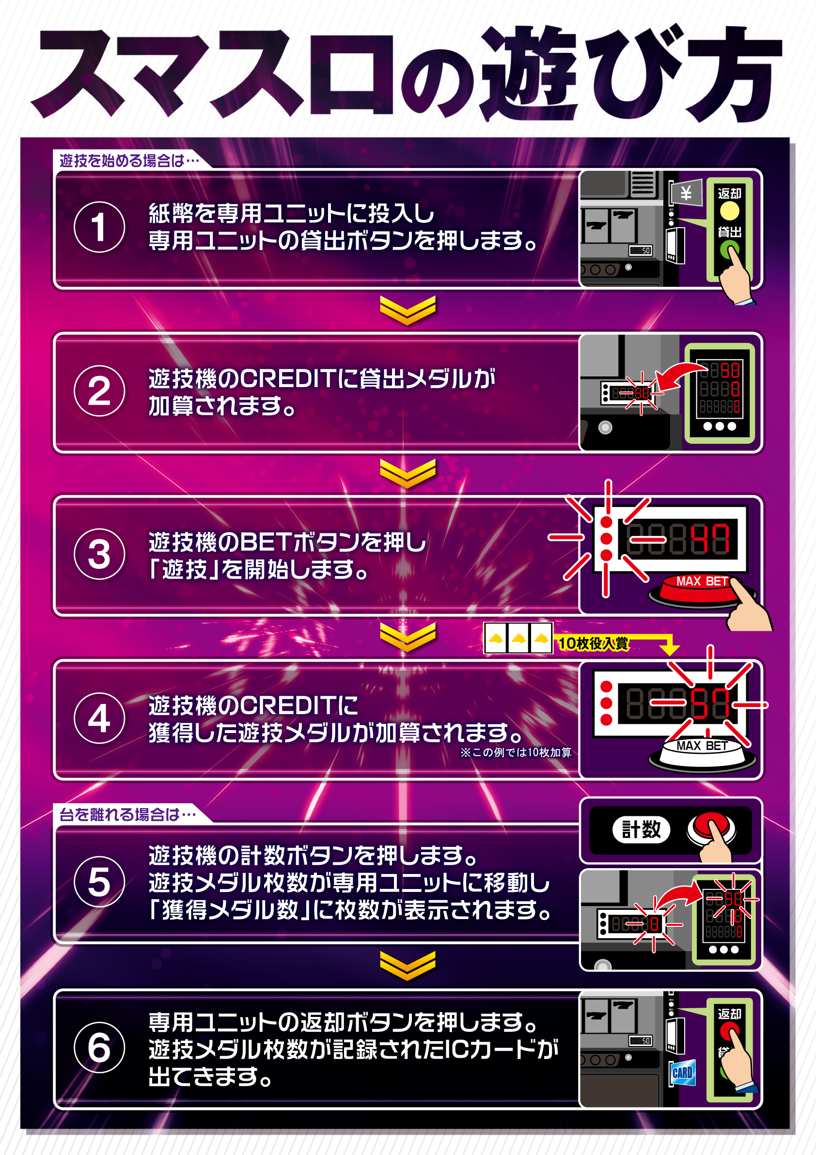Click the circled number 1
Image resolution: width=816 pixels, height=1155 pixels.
tap(99, 227)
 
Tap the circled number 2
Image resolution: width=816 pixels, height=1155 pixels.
tap(99, 391)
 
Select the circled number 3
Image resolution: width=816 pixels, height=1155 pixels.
tap(99, 554)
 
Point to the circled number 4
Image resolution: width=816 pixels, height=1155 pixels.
tap(99, 718)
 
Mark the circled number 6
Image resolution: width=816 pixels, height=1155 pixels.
tap(99, 1047)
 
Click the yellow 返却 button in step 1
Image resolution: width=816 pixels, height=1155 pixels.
tap(729, 211)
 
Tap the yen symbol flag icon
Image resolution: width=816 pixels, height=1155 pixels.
tap(686, 193)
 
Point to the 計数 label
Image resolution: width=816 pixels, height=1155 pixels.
tap(641, 830)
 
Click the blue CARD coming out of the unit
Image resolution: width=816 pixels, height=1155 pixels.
tap(682, 1073)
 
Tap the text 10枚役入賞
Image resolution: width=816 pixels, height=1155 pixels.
tap(593, 643)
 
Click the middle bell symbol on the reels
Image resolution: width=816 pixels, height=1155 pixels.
tap(518, 639)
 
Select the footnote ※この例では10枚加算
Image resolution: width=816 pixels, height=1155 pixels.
tap(516, 752)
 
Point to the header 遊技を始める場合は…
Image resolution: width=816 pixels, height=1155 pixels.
tap(129, 161)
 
